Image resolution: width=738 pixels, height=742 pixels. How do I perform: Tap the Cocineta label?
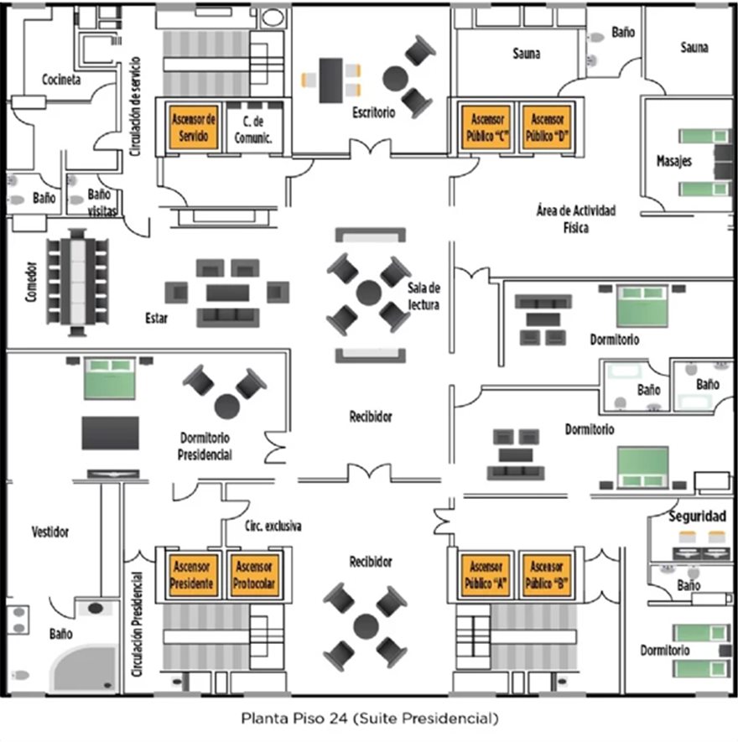61,80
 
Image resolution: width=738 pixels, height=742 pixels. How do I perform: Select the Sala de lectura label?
424,295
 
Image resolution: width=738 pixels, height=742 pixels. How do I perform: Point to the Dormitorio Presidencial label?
205,446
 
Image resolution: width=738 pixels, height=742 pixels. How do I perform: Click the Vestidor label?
50,532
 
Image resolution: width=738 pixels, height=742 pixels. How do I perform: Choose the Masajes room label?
674,161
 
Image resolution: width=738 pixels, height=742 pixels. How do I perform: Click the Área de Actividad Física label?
575,219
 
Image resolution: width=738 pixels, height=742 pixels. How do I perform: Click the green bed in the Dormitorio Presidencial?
109,377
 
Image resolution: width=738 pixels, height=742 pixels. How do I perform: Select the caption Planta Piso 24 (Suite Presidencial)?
369,719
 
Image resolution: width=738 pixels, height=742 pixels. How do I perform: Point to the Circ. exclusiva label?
273,527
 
